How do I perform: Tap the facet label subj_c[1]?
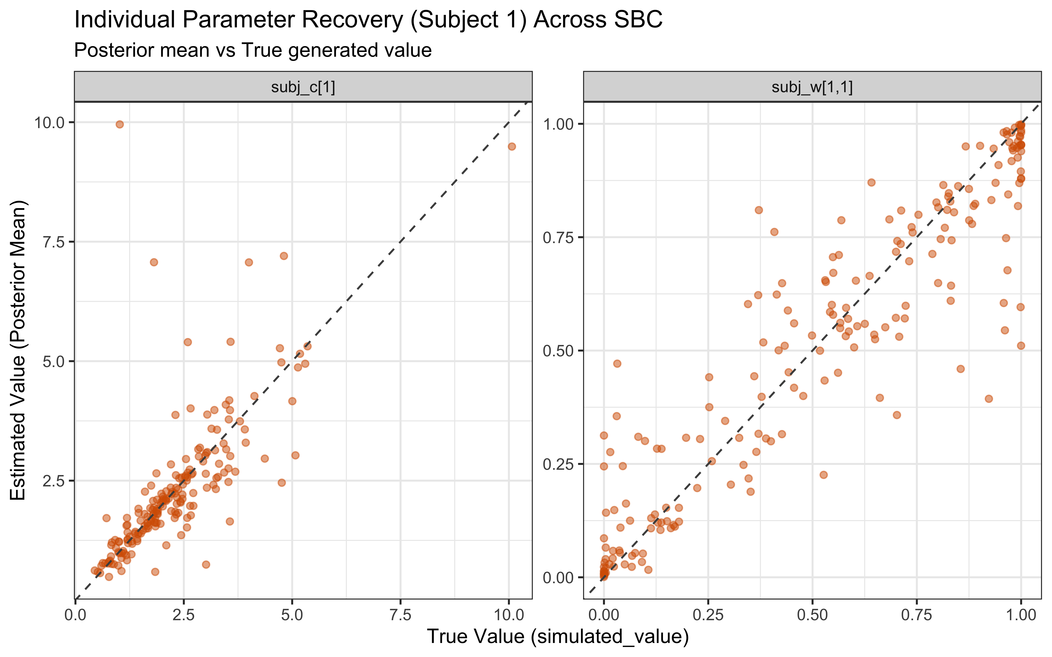[x=303, y=87]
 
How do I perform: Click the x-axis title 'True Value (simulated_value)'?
[x=558, y=637]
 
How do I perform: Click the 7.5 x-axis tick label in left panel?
[x=400, y=615]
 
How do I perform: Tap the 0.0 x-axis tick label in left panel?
[x=75, y=615]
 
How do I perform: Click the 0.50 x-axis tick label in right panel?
[x=812, y=615]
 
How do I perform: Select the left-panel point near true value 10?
[x=512, y=147]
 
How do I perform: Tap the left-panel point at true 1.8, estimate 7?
[x=154, y=262]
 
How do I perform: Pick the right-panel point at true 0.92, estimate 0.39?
[x=988, y=398]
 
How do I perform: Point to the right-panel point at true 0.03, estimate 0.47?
[x=617, y=363]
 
